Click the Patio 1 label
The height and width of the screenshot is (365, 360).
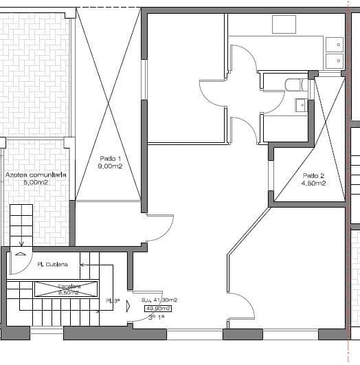tap(109, 158)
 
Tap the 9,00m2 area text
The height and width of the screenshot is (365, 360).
tap(109, 166)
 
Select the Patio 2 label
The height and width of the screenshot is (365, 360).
tap(313, 175)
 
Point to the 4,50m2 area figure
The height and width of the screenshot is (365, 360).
tap(313, 184)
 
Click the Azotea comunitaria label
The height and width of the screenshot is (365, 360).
tap(35, 175)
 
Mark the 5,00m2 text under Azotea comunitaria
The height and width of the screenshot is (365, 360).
tap(35, 184)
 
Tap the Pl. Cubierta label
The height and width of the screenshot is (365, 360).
tap(52, 264)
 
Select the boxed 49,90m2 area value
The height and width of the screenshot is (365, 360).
tap(158, 309)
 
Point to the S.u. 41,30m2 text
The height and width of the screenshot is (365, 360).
tap(159, 300)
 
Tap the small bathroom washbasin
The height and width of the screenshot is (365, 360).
tap(301, 105)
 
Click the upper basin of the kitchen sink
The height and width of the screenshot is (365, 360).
tap(335, 45)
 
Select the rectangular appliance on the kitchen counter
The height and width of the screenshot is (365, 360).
tap(284, 24)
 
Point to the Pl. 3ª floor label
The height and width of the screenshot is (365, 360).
tap(113, 301)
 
